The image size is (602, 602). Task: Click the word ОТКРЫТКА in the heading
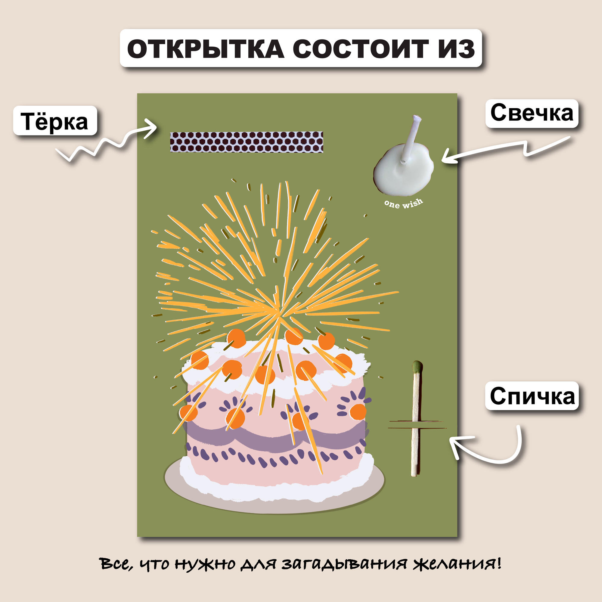click(x=206, y=49)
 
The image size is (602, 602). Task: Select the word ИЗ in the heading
click(x=456, y=49)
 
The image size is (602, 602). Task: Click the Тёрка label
click(x=55, y=121)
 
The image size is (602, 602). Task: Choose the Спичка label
click(x=532, y=396)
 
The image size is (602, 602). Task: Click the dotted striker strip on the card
click(x=247, y=142)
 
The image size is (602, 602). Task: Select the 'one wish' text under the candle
click(x=404, y=203)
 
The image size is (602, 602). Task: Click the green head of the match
click(x=417, y=367)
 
